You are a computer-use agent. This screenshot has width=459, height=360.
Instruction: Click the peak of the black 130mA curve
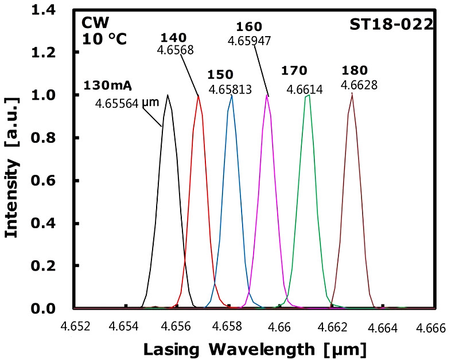pyautogui.click(x=168, y=95)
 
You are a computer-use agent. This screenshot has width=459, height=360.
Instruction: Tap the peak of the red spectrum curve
pyautogui.click(x=199, y=96)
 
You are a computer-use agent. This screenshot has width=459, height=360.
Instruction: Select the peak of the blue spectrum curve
pyautogui.click(x=231, y=95)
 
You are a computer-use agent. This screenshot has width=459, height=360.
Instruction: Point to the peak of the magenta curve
pyautogui.click(x=267, y=95)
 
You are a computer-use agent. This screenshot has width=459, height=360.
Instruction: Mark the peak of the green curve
pyautogui.click(x=308, y=96)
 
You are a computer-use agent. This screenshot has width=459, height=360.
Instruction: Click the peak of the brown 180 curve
pyautogui.click(x=352, y=95)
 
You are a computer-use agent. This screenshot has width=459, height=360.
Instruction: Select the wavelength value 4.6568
pyautogui.click(x=174, y=50)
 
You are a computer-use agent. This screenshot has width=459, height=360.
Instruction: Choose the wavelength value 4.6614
pyautogui.click(x=304, y=89)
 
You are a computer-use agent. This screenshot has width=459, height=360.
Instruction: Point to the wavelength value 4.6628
pyautogui.click(x=359, y=86)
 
